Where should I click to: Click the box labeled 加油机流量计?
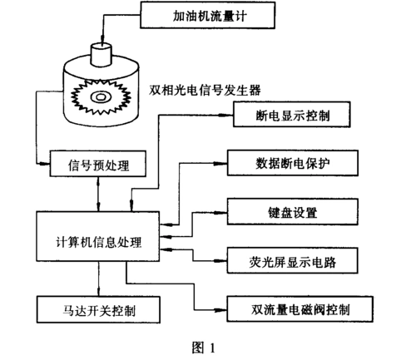[187, 14]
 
